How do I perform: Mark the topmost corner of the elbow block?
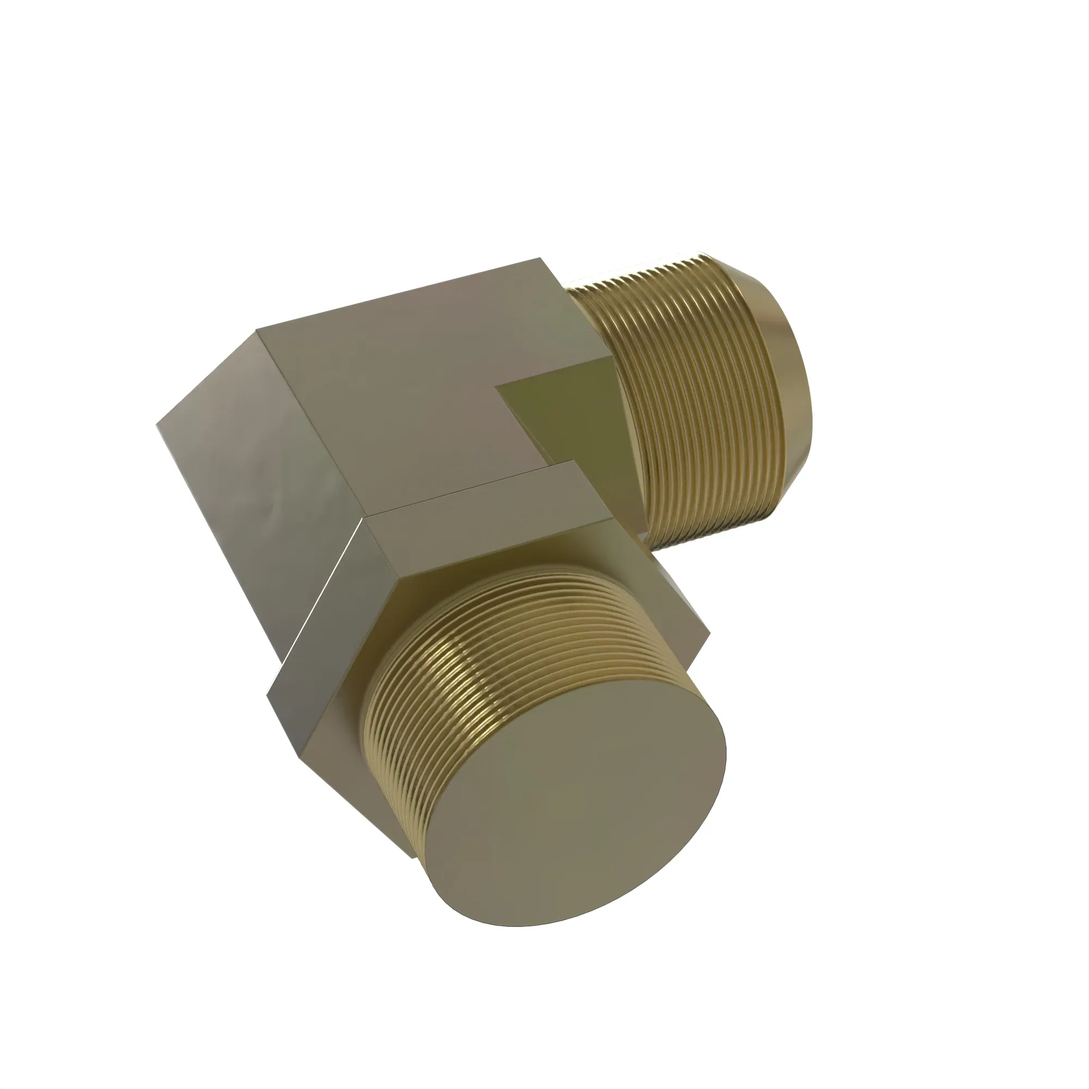pos(541,258)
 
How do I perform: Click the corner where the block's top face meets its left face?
pos(256,331)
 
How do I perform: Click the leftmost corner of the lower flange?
pos(267,698)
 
